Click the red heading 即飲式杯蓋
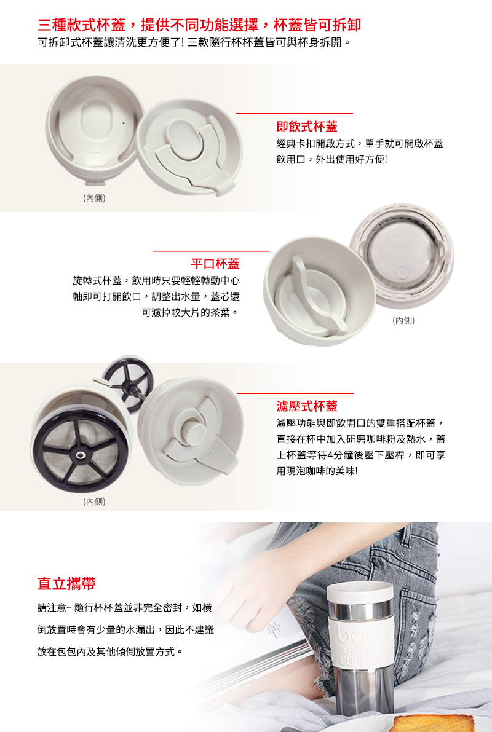[306, 127]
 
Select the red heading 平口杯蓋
[215, 264]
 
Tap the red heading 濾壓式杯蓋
[306, 406]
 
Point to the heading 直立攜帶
[66, 583]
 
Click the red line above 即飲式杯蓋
[295, 114]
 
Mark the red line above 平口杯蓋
[211, 251]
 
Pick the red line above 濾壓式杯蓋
[295, 393]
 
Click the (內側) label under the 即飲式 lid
[94, 198]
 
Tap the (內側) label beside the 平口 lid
[403, 320]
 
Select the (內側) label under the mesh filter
[94, 502]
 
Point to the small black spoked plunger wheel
[127, 379]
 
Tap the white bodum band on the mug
[362, 645]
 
